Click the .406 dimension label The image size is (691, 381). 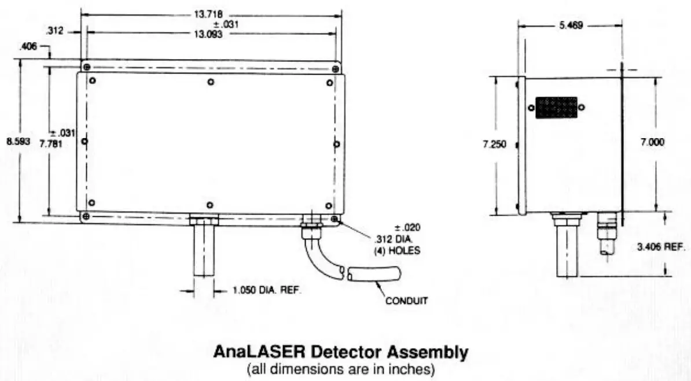tap(27, 47)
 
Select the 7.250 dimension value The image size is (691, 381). tap(494, 144)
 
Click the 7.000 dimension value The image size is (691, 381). tap(652, 142)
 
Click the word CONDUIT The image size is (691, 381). tap(407, 301)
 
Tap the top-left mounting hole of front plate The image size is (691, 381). tap(86, 68)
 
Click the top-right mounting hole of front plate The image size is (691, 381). tap(336, 69)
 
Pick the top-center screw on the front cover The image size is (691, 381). tap(211, 82)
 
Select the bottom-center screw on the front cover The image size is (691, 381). tap(211, 205)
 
